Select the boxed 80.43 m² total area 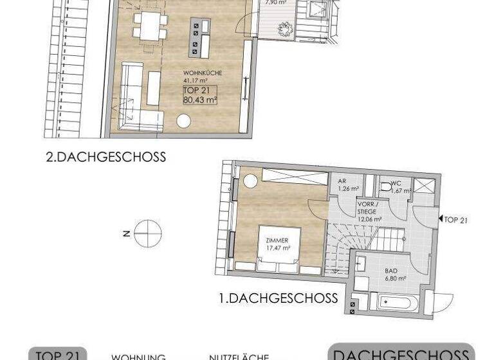coord(200,95)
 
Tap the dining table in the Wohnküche coord(151,25)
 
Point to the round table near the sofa coord(185,120)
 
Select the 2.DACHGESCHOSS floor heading coord(106,157)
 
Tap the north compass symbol coord(147,232)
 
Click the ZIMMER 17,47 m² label coord(277,243)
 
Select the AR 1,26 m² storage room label coord(348,185)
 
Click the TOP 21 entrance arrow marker coord(454,220)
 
